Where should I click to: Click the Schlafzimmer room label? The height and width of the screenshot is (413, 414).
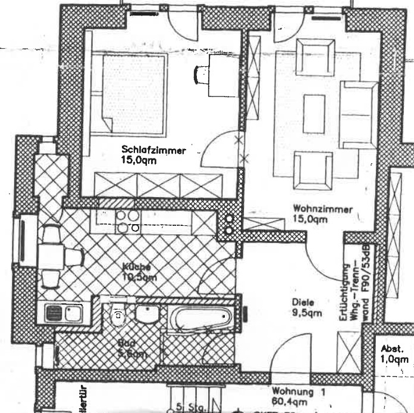coord(153,150)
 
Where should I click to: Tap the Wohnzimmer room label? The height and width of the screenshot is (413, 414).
coord(324,209)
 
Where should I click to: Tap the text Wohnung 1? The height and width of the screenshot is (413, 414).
coord(299,392)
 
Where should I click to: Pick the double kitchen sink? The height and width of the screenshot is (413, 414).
coord(63,313)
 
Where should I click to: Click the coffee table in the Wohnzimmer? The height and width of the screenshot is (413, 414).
coord(314,114)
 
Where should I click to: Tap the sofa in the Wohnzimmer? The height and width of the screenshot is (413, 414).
coord(358,114)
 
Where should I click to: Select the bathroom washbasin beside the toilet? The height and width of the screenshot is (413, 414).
coord(146,313)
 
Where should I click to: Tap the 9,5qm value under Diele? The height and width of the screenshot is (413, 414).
coord(307,313)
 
